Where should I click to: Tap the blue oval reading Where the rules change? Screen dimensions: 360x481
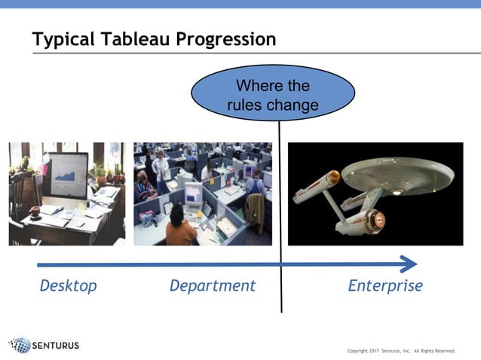tap(273, 96)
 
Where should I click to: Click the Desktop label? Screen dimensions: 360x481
tap(68, 286)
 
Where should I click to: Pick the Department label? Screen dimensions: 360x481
tap(213, 286)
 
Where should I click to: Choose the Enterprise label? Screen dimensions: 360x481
tap(385, 286)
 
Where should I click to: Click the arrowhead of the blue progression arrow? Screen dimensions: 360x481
tap(409, 264)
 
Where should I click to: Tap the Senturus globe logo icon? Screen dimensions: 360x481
tap(20, 346)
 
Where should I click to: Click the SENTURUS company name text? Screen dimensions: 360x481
tap(56, 346)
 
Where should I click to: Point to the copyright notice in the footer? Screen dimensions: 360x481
tap(401, 350)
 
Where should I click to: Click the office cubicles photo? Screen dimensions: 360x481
tap(202, 194)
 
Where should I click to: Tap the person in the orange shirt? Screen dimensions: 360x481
tap(180, 225)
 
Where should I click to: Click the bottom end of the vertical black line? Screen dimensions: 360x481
tap(281, 310)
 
